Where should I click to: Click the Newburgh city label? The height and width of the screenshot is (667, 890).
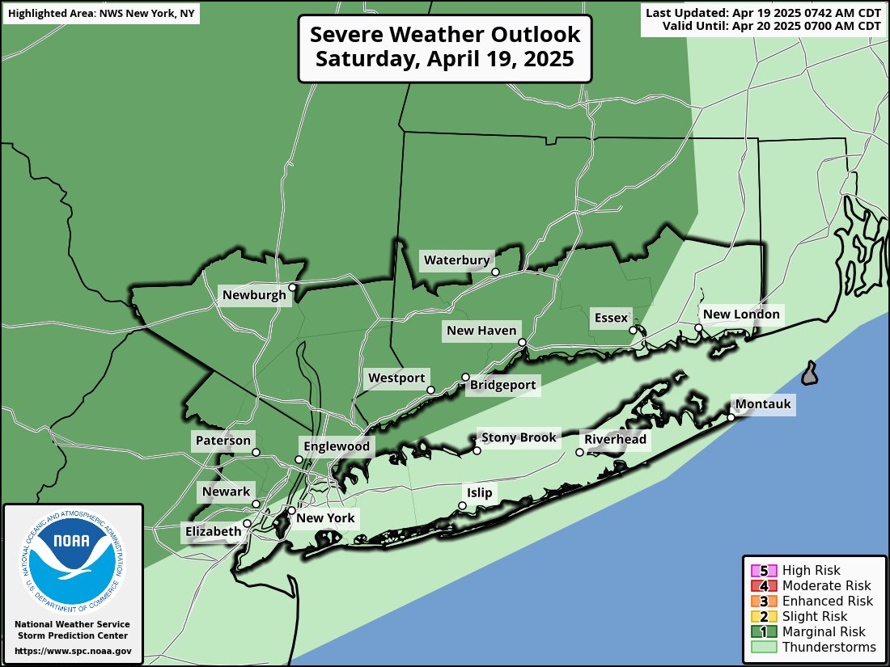[x=254, y=295]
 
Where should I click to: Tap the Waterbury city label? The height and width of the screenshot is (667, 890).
[x=457, y=260]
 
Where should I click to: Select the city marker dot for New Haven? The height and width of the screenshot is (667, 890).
[x=523, y=343]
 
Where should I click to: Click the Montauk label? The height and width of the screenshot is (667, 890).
[x=762, y=404]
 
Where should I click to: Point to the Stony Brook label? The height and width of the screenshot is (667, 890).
[x=519, y=437]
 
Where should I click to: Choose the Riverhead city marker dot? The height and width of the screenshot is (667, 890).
[x=579, y=452]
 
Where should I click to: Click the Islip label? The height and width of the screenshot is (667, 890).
[x=478, y=492]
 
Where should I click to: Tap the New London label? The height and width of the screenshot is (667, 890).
[x=741, y=315]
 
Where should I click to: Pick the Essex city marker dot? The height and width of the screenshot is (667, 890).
[x=633, y=330]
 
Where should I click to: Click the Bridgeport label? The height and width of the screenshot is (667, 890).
[x=502, y=385]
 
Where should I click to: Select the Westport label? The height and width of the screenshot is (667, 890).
[x=396, y=378]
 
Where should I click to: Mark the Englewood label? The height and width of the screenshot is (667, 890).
[x=336, y=446]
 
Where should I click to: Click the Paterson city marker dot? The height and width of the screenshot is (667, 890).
[x=256, y=453]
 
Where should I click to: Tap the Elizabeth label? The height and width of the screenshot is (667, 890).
[x=213, y=531]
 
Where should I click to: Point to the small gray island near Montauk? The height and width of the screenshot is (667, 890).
[x=809, y=374]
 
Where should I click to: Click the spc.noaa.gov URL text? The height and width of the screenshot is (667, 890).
[x=73, y=651]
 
